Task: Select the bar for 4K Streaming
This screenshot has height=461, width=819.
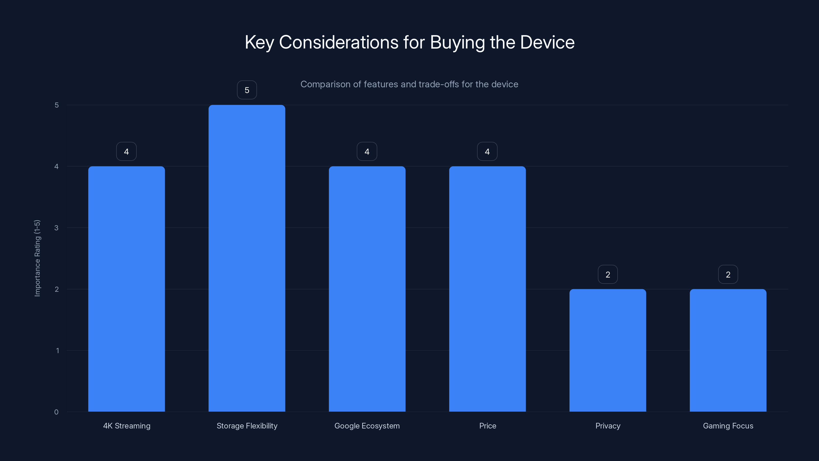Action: [x=126, y=289]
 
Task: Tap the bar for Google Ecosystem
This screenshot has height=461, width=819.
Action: [x=367, y=289]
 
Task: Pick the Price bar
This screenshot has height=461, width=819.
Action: [x=487, y=289]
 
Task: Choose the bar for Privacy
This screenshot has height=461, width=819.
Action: [x=608, y=350]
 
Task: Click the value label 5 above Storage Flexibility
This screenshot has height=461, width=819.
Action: [x=247, y=90]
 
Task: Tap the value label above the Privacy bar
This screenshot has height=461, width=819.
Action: [x=608, y=275]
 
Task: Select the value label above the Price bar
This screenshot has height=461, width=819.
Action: [x=487, y=151]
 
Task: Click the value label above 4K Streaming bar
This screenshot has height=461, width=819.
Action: [x=126, y=151]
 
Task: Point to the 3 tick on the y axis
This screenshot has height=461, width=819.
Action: [x=57, y=228]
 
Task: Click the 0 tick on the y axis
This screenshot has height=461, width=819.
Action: [x=57, y=412]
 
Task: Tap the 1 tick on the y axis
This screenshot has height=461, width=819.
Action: [x=58, y=351]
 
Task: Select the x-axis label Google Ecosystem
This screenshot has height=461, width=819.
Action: [x=367, y=426]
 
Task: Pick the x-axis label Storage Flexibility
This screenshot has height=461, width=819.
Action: [x=247, y=426]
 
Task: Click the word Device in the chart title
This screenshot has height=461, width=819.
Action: [x=547, y=42]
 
